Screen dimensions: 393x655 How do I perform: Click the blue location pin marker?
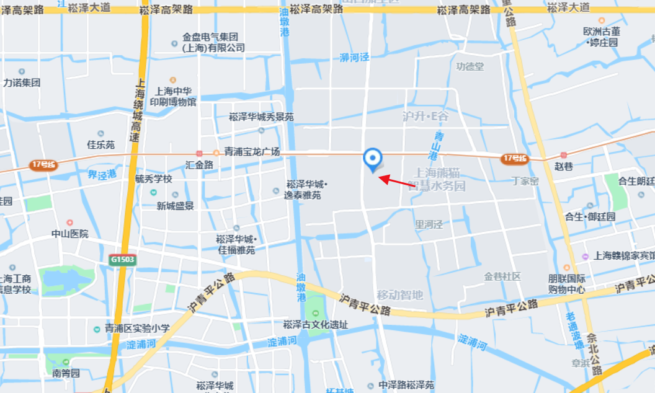click(x=372, y=159)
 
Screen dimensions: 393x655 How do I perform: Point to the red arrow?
click(x=397, y=180)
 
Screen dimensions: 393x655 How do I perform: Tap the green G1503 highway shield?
click(x=122, y=259)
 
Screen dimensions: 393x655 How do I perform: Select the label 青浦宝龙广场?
click(x=252, y=152)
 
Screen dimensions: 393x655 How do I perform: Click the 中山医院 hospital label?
click(x=69, y=234)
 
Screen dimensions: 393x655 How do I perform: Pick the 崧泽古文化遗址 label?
click(x=315, y=324)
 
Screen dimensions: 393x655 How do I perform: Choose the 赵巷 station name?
click(x=564, y=166)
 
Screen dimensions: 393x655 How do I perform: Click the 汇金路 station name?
click(x=199, y=165)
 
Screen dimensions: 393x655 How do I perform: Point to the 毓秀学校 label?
click(x=153, y=179)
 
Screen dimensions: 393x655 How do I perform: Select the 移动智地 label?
click(x=399, y=295)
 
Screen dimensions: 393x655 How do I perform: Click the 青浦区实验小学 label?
click(x=136, y=329)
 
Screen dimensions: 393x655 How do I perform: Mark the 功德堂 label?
click(x=470, y=66)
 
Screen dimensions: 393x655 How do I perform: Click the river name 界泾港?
click(x=102, y=175)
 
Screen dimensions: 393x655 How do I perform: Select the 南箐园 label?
click(x=66, y=373)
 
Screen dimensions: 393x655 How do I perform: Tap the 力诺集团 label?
click(x=22, y=82)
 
